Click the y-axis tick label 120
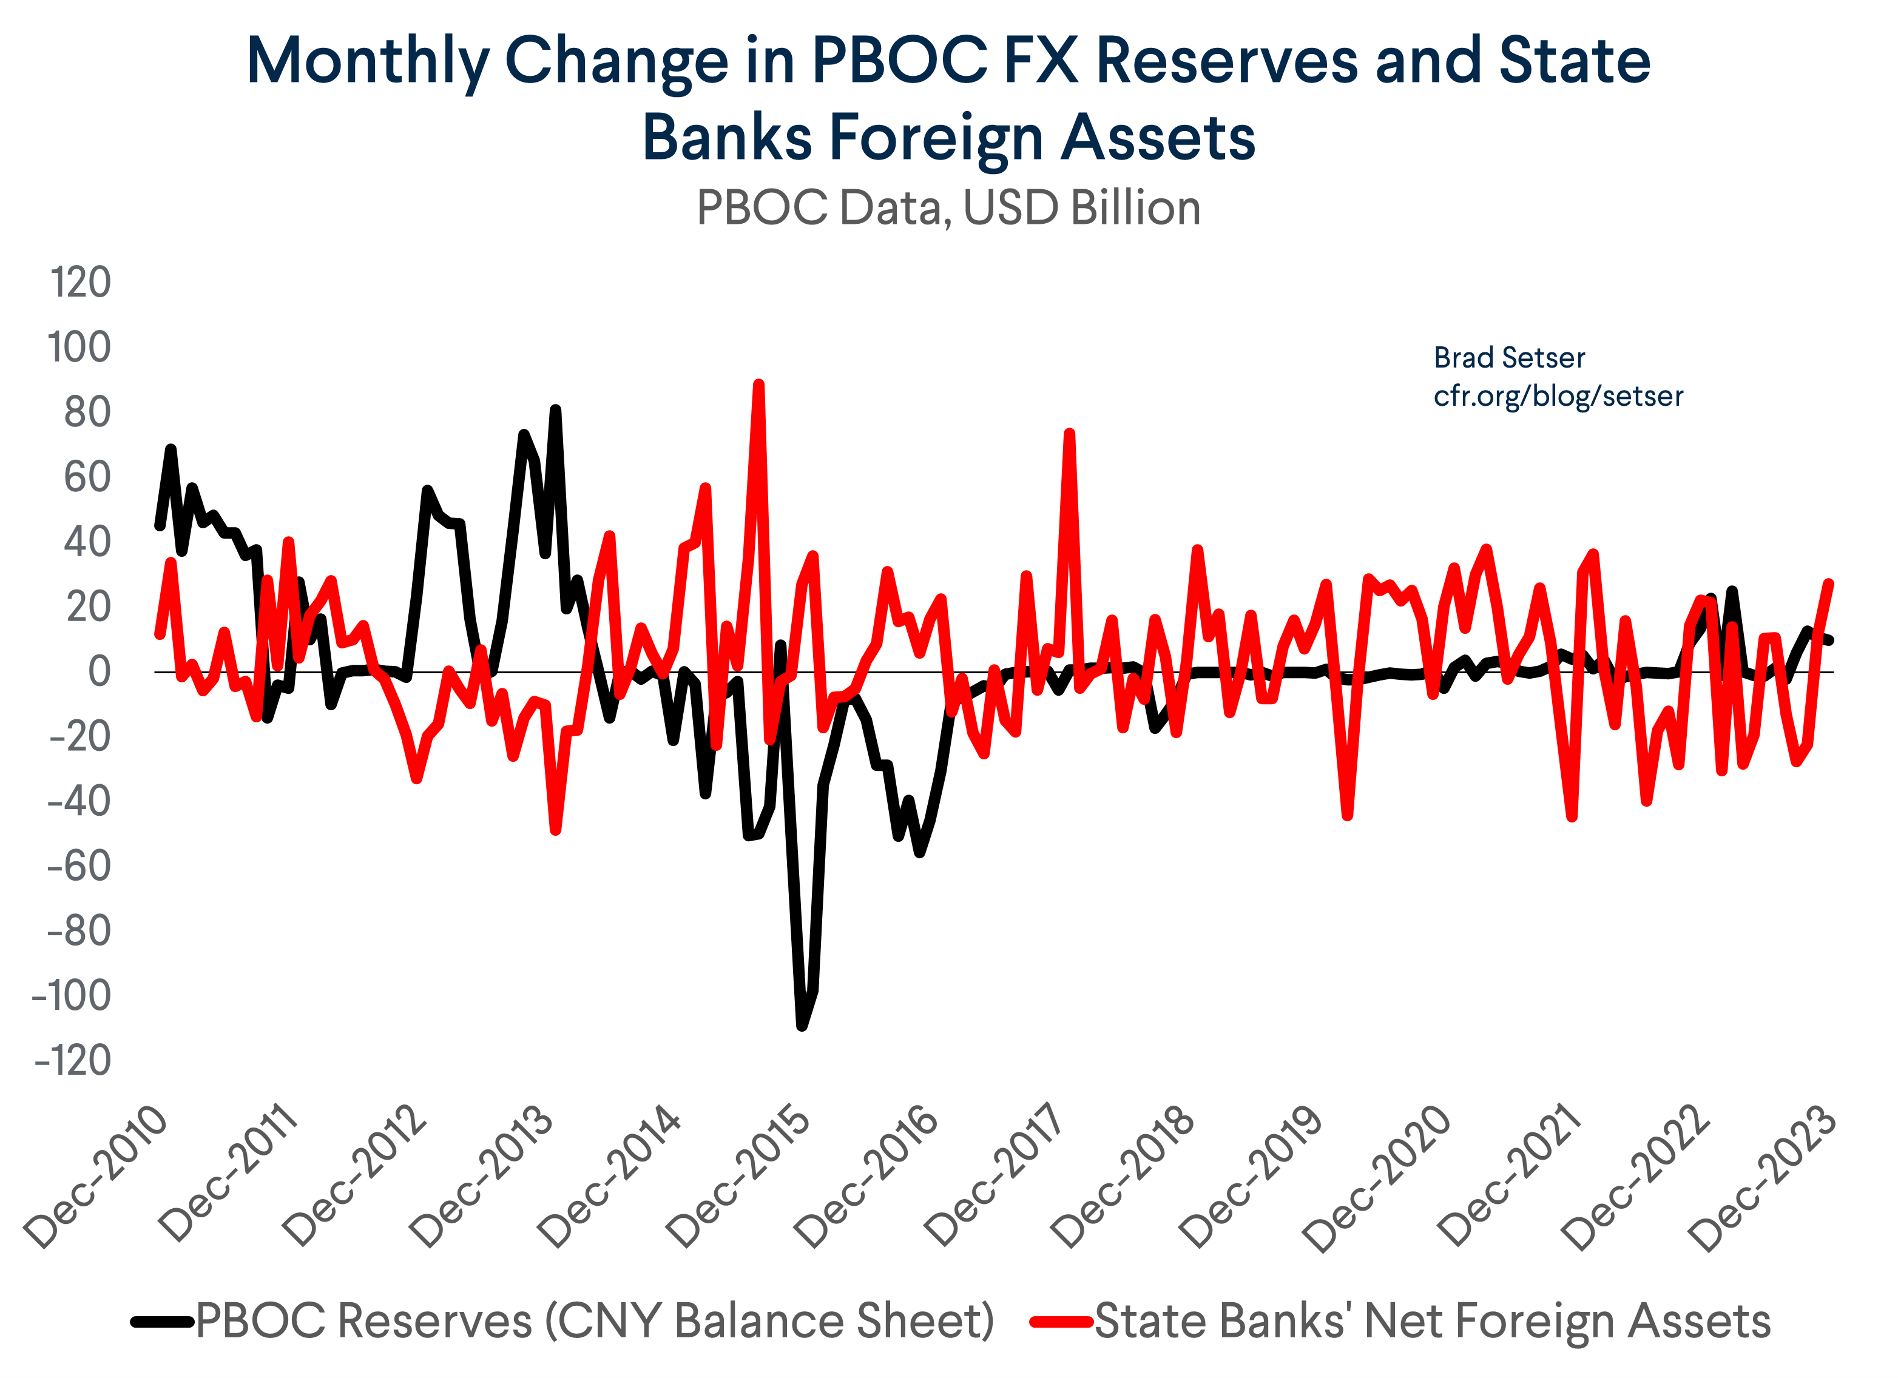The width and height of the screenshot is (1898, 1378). click(80, 283)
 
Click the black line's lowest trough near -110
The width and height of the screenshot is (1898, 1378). click(802, 1025)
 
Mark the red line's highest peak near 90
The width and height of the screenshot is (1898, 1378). click(758, 385)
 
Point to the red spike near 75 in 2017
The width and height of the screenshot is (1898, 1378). click(1070, 434)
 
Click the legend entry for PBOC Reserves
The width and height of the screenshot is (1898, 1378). click(594, 1321)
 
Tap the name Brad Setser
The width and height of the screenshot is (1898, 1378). click(1509, 358)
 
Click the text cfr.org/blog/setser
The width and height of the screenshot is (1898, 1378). click(1558, 395)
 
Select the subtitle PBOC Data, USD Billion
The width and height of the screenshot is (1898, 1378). click(948, 207)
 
